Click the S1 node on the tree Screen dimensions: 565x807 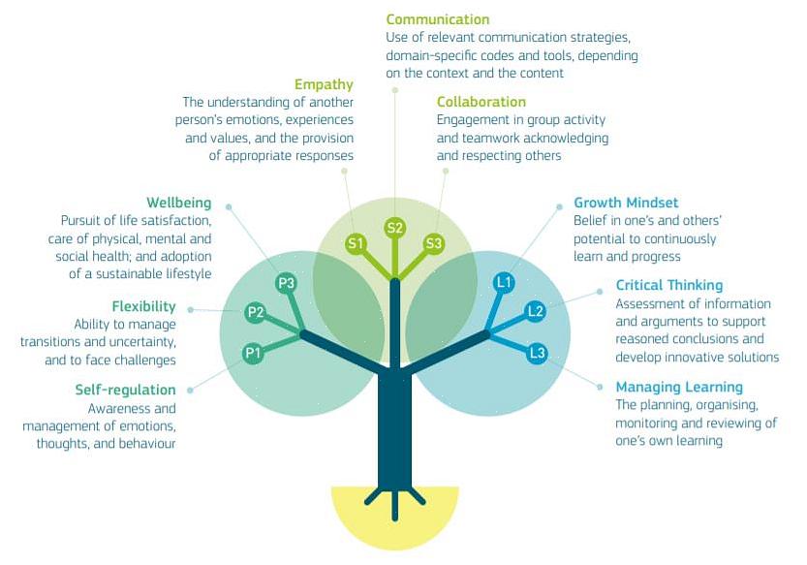pyautogui.click(x=356, y=243)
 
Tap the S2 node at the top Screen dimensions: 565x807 pyautogui.click(x=394, y=228)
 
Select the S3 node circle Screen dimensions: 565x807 pyautogui.click(x=433, y=243)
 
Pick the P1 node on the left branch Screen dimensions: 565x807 pyautogui.click(x=254, y=354)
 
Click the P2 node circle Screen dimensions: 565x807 pyautogui.click(x=256, y=312)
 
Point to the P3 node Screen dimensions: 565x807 pyautogui.click(x=286, y=283)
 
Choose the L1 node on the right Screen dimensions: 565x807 pyautogui.click(x=504, y=282)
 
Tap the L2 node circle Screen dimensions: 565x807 pyautogui.click(x=535, y=311)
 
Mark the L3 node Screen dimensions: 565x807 pyautogui.click(x=537, y=353)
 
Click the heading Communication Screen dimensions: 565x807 pyautogui.click(x=437, y=19)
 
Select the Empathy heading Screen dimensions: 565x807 pyautogui.click(x=325, y=84)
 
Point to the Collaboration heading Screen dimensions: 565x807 pyautogui.click(x=481, y=102)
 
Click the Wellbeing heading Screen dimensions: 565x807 pyautogui.click(x=178, y=203)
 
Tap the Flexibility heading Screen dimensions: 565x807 pyautogui.click(x=143, y=307)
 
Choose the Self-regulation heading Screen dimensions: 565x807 pyautogui.click(x=125, y=390)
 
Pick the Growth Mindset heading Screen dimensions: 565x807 pyautogui.click(x=626, y=203)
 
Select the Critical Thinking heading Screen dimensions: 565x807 pyautogui.click(x=668, y=285)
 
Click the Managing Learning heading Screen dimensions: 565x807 pyautogui.click(x=678, y=387)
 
